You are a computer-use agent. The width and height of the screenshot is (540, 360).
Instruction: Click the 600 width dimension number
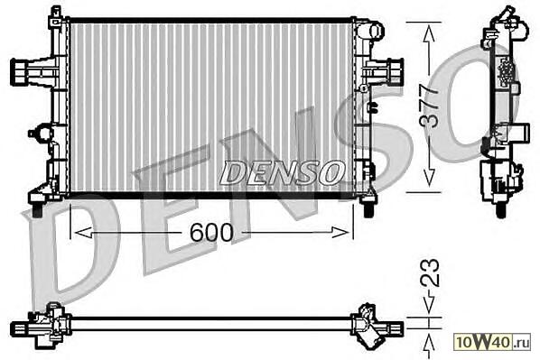[211, 232]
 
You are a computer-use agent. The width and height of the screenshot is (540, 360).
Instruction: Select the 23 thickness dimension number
[430, 272]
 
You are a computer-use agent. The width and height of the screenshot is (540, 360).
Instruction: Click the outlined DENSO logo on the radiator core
[283, 172]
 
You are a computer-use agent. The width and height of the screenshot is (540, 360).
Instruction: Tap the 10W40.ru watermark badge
[493, 342]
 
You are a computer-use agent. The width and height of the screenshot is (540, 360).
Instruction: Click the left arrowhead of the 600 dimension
[83, 233]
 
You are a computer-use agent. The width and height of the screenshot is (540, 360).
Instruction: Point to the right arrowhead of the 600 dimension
[340, 233]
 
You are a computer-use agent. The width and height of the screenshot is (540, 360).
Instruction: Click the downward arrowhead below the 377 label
[429, 179]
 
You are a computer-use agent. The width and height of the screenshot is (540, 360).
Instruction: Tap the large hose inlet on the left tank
[22, 72]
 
